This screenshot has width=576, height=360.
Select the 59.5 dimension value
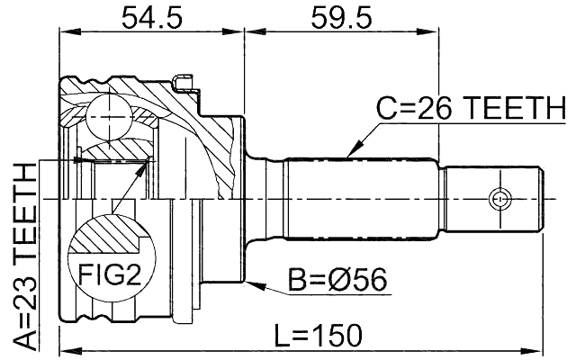point(340,17)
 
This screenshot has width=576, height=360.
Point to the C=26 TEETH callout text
point(467,109)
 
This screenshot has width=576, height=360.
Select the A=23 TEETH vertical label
point(26,256)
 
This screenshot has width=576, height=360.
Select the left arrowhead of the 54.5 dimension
point(66,31)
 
